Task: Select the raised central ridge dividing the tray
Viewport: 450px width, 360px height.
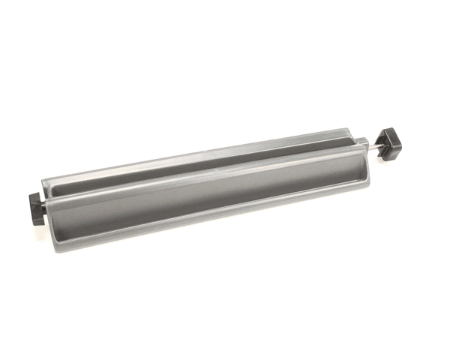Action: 202,177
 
